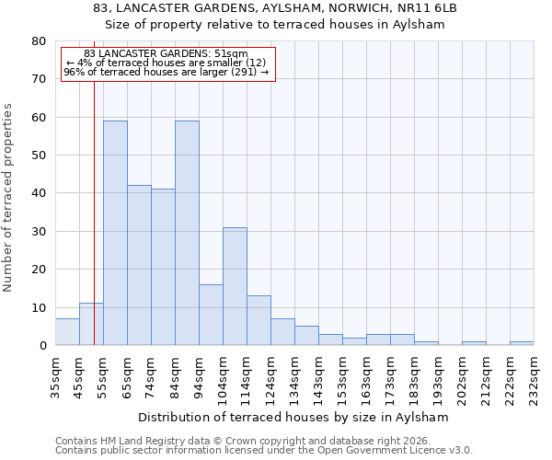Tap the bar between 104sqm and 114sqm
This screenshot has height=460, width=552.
coord(235,286)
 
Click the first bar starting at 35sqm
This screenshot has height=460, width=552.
coord(67,332)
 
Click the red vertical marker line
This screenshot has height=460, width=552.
coord(94,230)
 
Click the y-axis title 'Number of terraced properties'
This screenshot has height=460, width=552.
coord(8,197)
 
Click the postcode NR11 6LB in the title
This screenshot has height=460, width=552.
coord(423,8)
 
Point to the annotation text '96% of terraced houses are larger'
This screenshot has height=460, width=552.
coord(166,72)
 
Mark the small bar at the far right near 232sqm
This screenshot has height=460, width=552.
coord(522,343)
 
